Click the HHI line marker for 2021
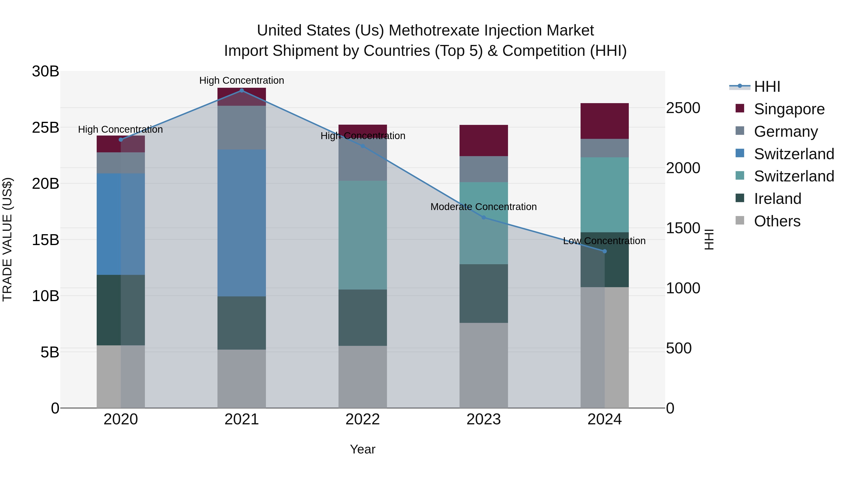242,91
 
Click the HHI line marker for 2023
484,218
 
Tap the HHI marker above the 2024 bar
604,251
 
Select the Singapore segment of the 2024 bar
604,121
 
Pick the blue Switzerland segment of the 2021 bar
242,223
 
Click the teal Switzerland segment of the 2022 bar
362,235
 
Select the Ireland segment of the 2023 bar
484,294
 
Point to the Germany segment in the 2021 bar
242,127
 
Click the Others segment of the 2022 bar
362,377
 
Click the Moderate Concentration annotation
483,207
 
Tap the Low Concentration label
604,241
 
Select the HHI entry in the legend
767,87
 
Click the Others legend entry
777,221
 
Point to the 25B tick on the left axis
46,127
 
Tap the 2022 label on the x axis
362,419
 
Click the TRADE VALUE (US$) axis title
7,239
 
